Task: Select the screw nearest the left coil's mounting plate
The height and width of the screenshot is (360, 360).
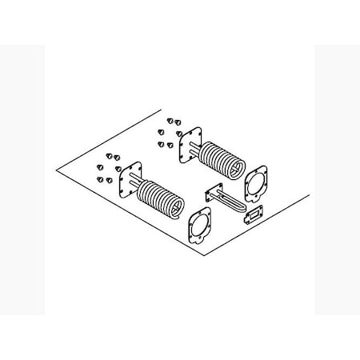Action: click(x=118, y=169)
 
